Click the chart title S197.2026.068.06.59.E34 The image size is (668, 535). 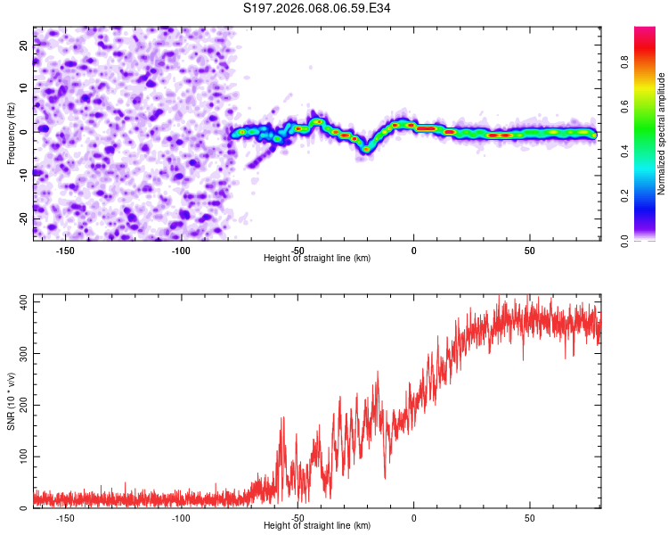(x=317, y=8)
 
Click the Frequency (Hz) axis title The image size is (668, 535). (x=12, y=133)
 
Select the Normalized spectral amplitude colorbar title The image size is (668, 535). (x=662, y=134)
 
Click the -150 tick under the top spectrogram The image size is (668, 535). (x=65, y=250)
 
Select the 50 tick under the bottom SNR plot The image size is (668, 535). (x=530, y=517)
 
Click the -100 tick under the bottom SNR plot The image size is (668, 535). (x=181, y=517)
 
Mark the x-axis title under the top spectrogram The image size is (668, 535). (x=317, y=259)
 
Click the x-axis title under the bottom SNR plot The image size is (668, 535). (x=317, y=526)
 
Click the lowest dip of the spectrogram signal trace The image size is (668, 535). (x=366, y=150)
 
